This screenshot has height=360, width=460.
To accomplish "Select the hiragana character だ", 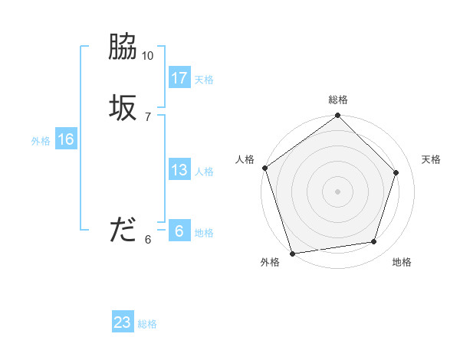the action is pyautogui.click(x=123, y=229).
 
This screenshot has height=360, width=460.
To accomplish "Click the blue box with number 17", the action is pyautogui.click(x=179, y=77).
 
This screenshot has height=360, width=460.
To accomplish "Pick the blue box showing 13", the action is pyautogui.click(x=179, y=170).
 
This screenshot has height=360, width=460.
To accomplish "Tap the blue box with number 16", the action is pyautogui.click(x=66, y=139).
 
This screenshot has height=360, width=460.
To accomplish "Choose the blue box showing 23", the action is pyautogui.click(x=123, y=322).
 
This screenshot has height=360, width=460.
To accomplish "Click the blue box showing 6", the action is pyautogui.click(x=179, y=231).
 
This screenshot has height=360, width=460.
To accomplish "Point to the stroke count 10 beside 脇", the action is pyautogui.click(x=148, y=56).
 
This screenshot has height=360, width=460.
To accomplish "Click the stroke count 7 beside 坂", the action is pyautogui.click(x=148, y=117).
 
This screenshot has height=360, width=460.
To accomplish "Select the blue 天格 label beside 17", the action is pyautogui.click(x=204, y=80).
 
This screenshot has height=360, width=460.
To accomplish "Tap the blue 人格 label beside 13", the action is pyautogui.click(x=204, y=172).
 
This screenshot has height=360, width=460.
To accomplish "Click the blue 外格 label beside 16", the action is pyautogui.click(x=41, y=141).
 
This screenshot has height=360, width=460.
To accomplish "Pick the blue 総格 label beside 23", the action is pyautogui.click(x=147, y=324).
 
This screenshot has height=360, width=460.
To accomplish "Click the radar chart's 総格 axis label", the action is pyautogui.click(x=338, y=100).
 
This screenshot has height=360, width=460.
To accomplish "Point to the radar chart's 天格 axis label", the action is pyautogui.click(x=432, y=159).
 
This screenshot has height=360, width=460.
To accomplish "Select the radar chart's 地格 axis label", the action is pyautogui.click(x=402, y=262).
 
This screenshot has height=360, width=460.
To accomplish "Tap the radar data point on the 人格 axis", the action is pyautogui.click(x=265, y=168).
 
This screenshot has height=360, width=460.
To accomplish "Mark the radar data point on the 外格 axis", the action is pyautogui.click(x=292, y=253).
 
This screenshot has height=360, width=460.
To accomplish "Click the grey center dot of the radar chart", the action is pyautogui.click(x=337, y=191).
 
